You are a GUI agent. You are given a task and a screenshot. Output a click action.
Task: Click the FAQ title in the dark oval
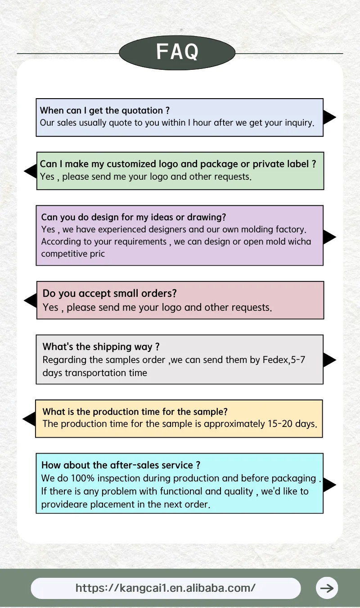coord(177,52)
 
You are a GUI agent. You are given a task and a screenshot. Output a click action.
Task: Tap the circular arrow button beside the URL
coord(327,588)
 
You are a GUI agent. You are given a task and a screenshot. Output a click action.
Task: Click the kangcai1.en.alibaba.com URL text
coord(165,588)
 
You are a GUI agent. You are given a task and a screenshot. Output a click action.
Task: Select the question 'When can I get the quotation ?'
coord(104,110)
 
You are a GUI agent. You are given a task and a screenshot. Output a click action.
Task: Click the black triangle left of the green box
coord(31,171)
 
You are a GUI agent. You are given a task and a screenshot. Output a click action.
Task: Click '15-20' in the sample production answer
coord(279,424)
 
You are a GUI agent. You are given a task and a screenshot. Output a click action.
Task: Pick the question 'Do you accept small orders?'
coord(109,293)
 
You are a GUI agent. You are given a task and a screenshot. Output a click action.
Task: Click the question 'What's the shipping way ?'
coord(101,347)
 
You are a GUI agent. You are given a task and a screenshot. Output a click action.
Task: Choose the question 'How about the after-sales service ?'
coord(121,465)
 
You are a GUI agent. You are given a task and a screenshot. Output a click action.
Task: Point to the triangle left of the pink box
coord(31,300)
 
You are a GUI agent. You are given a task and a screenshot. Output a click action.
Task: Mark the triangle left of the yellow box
coord(29,419)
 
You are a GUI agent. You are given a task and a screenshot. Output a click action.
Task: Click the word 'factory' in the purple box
coord(290,229)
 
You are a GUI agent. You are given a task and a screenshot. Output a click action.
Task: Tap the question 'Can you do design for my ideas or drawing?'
coord(134,217)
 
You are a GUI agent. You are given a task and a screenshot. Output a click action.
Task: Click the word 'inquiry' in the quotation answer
coord(298,123)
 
